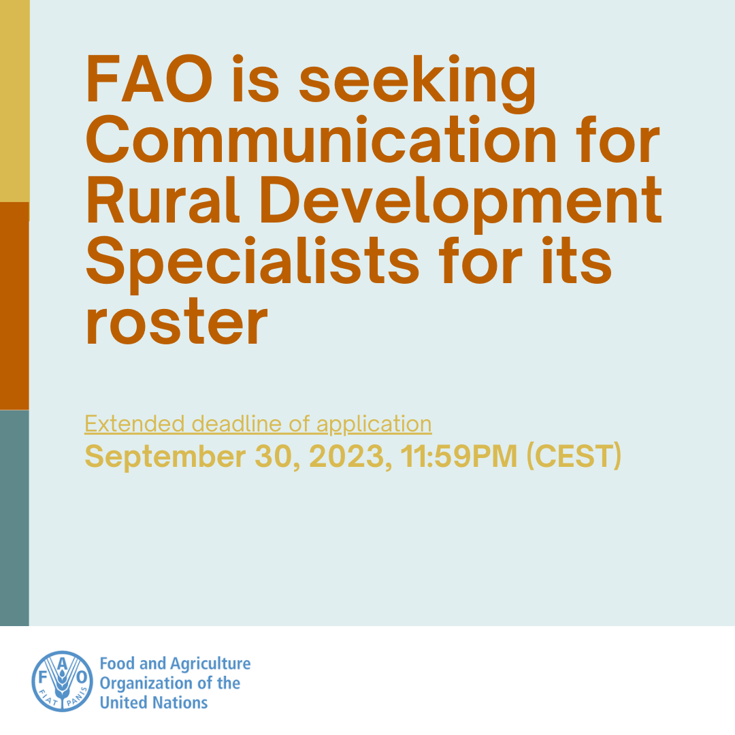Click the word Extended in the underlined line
pyautogui.click(x=135, y=424)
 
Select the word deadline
pyautogui.click(x=235, y=424)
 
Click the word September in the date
pyautogui.click(x=163, y=457)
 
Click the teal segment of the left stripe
pyautogui.click(x=14, y=517)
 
